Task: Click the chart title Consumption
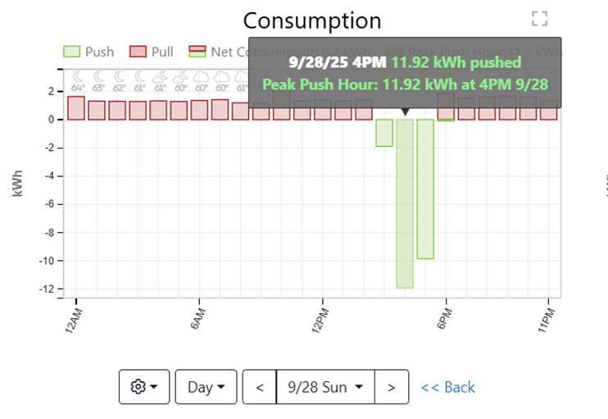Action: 312,20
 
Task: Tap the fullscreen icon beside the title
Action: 538,19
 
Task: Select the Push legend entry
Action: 89,52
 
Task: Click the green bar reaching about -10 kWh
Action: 425,189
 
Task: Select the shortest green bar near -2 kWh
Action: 384,133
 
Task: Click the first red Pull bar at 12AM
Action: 76,108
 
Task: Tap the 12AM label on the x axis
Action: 72,317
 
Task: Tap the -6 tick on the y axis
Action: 52,204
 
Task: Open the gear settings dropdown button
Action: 143,387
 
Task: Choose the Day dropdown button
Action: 206,387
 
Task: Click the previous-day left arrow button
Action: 260,387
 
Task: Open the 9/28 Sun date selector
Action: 325,387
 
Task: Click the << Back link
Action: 447,387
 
